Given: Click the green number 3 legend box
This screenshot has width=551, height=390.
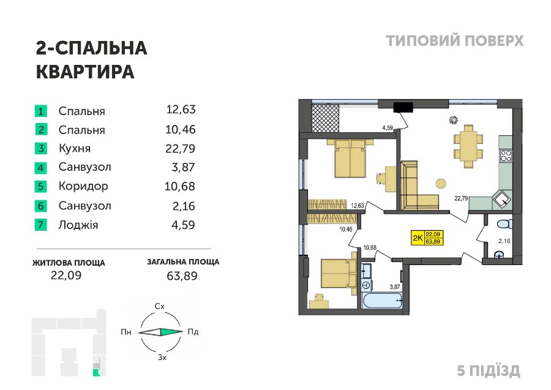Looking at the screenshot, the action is [41, 148].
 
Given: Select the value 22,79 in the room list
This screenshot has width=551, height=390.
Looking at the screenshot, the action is [180, 148].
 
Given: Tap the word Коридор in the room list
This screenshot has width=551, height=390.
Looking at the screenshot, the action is [83, 186].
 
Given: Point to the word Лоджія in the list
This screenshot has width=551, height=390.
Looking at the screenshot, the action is [78, 225].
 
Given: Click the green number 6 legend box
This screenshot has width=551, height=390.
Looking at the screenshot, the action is [41, 206].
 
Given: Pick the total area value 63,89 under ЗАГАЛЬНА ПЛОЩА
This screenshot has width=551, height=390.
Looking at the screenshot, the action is [182, 276].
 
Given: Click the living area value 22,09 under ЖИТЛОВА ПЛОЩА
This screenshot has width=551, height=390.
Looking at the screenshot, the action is [66, 275].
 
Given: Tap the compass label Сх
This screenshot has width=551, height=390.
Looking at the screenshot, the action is [160, 306].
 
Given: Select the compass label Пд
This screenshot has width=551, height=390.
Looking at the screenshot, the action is [193, 332].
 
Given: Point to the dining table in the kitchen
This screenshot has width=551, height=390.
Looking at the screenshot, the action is [468, 146].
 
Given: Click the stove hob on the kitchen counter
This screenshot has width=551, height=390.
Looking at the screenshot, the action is [506, 156].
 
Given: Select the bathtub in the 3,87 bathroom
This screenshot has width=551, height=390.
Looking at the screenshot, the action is [381, 301].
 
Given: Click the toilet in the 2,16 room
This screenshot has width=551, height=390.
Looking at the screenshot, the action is [505, 223].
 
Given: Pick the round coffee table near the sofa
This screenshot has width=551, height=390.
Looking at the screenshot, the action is [441, 184].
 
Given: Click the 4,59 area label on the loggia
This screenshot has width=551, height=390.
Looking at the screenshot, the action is [388, 128].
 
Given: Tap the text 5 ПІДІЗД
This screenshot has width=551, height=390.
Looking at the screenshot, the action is [489, 371].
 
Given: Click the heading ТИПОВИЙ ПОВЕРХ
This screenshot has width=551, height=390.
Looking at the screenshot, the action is [455, 41].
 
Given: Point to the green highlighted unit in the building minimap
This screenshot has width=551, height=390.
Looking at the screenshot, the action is [96, 373].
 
